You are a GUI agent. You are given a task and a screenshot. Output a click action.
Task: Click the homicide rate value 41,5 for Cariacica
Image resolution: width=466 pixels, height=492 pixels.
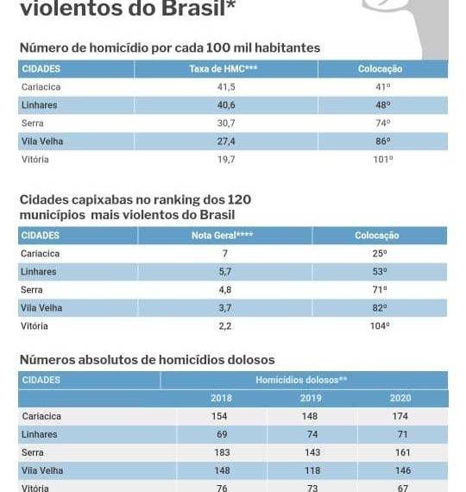click(226, 87)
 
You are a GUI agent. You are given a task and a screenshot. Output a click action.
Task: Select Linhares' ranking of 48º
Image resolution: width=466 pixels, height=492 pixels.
click(383, 104)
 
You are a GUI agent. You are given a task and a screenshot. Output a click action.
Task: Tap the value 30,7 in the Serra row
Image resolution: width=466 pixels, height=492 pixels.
click(226, 123)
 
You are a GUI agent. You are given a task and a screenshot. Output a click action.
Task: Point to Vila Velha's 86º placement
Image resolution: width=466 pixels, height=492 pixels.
click(383, 142)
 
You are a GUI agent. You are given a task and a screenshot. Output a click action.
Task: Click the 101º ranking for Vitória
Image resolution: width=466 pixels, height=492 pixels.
click(383, 160)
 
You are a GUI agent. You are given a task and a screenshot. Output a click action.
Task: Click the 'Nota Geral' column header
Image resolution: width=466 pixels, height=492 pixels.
click(222, 236)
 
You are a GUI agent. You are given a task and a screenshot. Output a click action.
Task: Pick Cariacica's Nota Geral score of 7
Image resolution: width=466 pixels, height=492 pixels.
click(225, 254)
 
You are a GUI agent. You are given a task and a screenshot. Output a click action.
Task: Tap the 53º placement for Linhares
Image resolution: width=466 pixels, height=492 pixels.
click(380, 272)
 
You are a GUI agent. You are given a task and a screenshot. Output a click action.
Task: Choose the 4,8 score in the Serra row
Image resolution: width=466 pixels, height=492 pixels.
click(225, 290)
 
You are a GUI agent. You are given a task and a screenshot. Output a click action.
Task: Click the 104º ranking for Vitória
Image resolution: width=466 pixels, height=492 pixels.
click(380, 326)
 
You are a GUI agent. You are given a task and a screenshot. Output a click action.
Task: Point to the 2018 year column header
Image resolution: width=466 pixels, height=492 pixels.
click(221, 398)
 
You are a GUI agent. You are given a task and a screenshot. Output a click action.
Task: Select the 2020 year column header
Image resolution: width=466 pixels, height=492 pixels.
click(400, 398)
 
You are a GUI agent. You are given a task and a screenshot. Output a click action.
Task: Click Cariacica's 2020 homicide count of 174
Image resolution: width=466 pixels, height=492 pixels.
click(400, 416)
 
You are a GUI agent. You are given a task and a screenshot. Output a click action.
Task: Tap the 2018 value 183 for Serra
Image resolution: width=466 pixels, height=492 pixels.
click(222, 452)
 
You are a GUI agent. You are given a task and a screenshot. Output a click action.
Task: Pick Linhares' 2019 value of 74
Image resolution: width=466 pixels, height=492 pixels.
click(312, 434)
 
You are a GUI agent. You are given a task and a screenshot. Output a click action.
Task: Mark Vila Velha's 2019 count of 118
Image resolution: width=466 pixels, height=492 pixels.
click(312, 470)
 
